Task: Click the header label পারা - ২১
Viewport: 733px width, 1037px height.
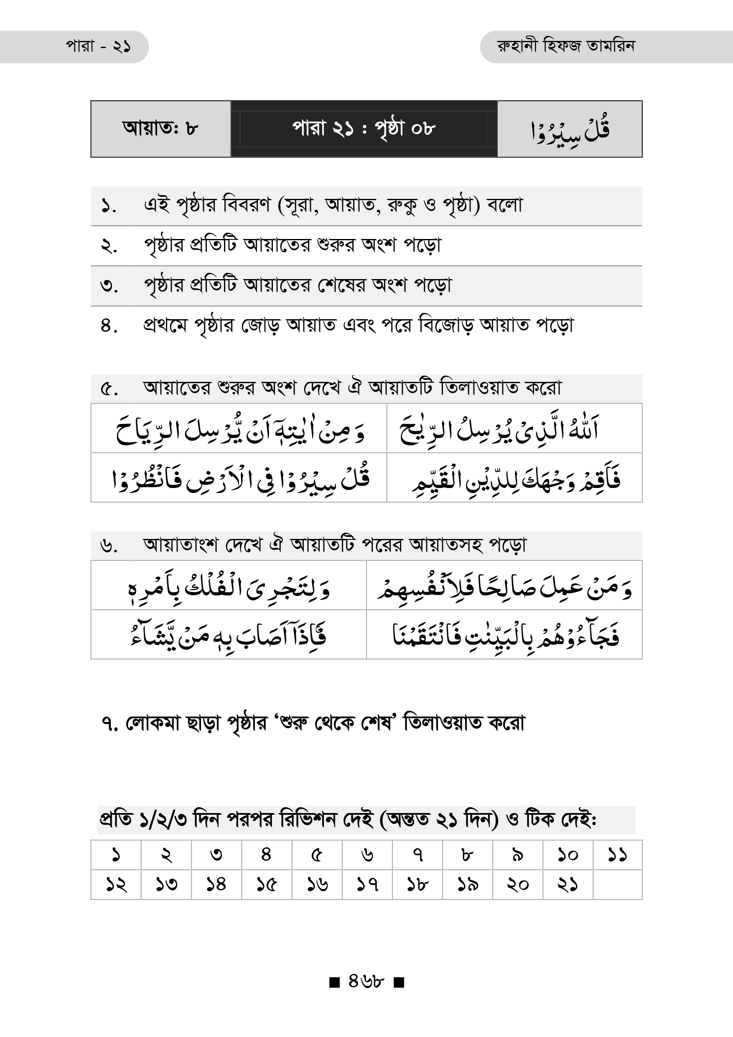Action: click(x=98, y=46)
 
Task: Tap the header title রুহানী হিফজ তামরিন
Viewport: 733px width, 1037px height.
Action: click(x=565, y=46)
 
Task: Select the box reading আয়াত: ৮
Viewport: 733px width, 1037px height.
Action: click(x=160, y=129)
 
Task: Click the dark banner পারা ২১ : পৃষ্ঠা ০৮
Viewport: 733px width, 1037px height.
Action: click(x=364, y=129)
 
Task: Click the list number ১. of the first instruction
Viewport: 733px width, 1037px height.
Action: click(x=109, y=206)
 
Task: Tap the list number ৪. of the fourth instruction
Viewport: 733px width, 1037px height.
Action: click(x=109, y=325)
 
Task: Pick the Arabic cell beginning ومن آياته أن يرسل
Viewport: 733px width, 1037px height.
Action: click(x=240, y=429)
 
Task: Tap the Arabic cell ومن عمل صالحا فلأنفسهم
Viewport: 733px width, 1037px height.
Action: click(x=504, y=586)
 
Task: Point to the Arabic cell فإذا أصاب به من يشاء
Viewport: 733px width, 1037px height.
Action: click(x=229, y=635)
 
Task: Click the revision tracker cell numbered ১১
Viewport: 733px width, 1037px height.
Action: click(x=617, y=854)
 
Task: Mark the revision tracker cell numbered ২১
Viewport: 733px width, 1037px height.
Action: click(x=567, y=884)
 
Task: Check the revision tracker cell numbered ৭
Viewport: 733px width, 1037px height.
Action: click(x=417, y=854)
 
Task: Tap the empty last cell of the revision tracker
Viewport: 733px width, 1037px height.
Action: click(x=617, y=884)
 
